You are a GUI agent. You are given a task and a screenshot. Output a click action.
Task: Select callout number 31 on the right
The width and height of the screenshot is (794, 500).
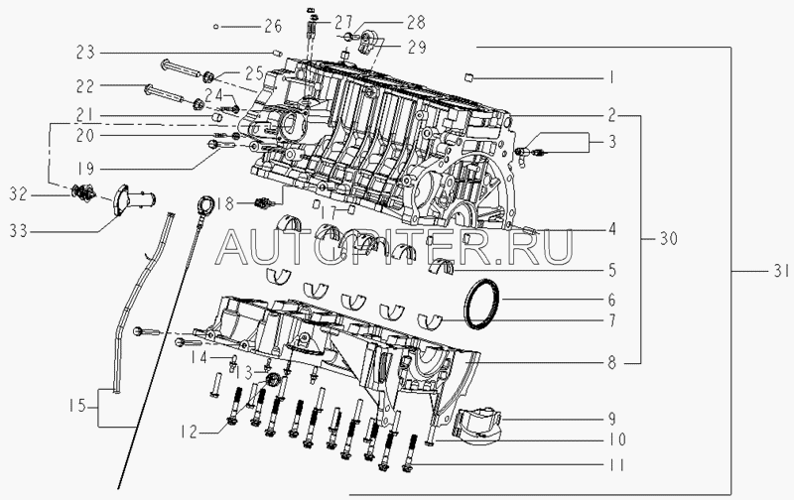pos(781,270)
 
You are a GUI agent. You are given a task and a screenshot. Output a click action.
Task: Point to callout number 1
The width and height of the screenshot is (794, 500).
pos(612,76)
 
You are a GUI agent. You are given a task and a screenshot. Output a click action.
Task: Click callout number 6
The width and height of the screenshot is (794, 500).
pos(612,298)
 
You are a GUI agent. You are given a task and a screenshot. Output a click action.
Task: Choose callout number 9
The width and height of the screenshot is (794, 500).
pos(612,420)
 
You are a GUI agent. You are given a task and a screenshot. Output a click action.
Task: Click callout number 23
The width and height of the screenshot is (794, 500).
pos(85,51)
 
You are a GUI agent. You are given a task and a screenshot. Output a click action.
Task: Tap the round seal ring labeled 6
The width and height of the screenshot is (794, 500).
pos(482,301)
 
